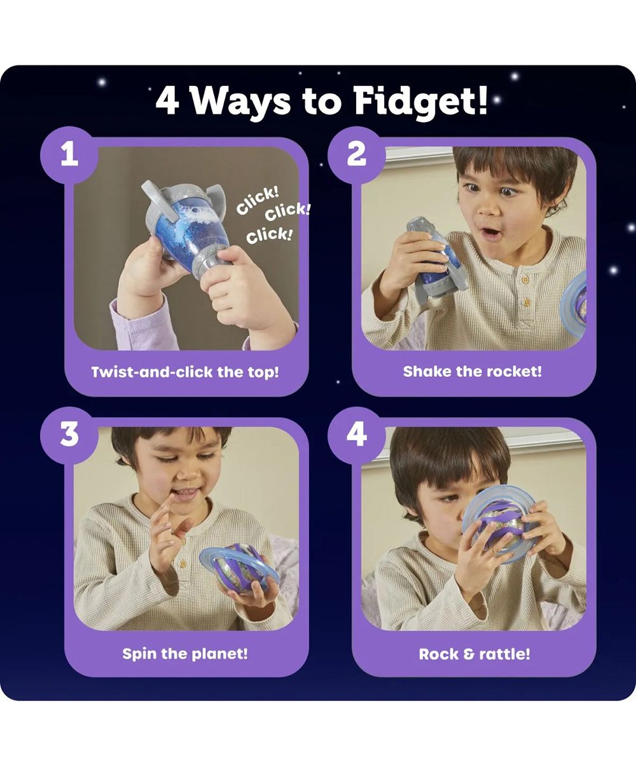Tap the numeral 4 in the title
click(167, 102)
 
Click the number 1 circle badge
click(69, 155)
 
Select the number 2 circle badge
click(356, 155)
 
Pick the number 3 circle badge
click(69, 435)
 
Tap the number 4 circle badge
click(356, 435)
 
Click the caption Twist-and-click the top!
click(185, 373)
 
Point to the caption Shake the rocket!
click(473, 372)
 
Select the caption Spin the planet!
click(185, 653)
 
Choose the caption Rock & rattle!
click(474, 653)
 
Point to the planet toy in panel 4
click(499, 524)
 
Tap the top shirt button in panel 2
click(525, 280)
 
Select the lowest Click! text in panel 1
click(269, 236)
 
